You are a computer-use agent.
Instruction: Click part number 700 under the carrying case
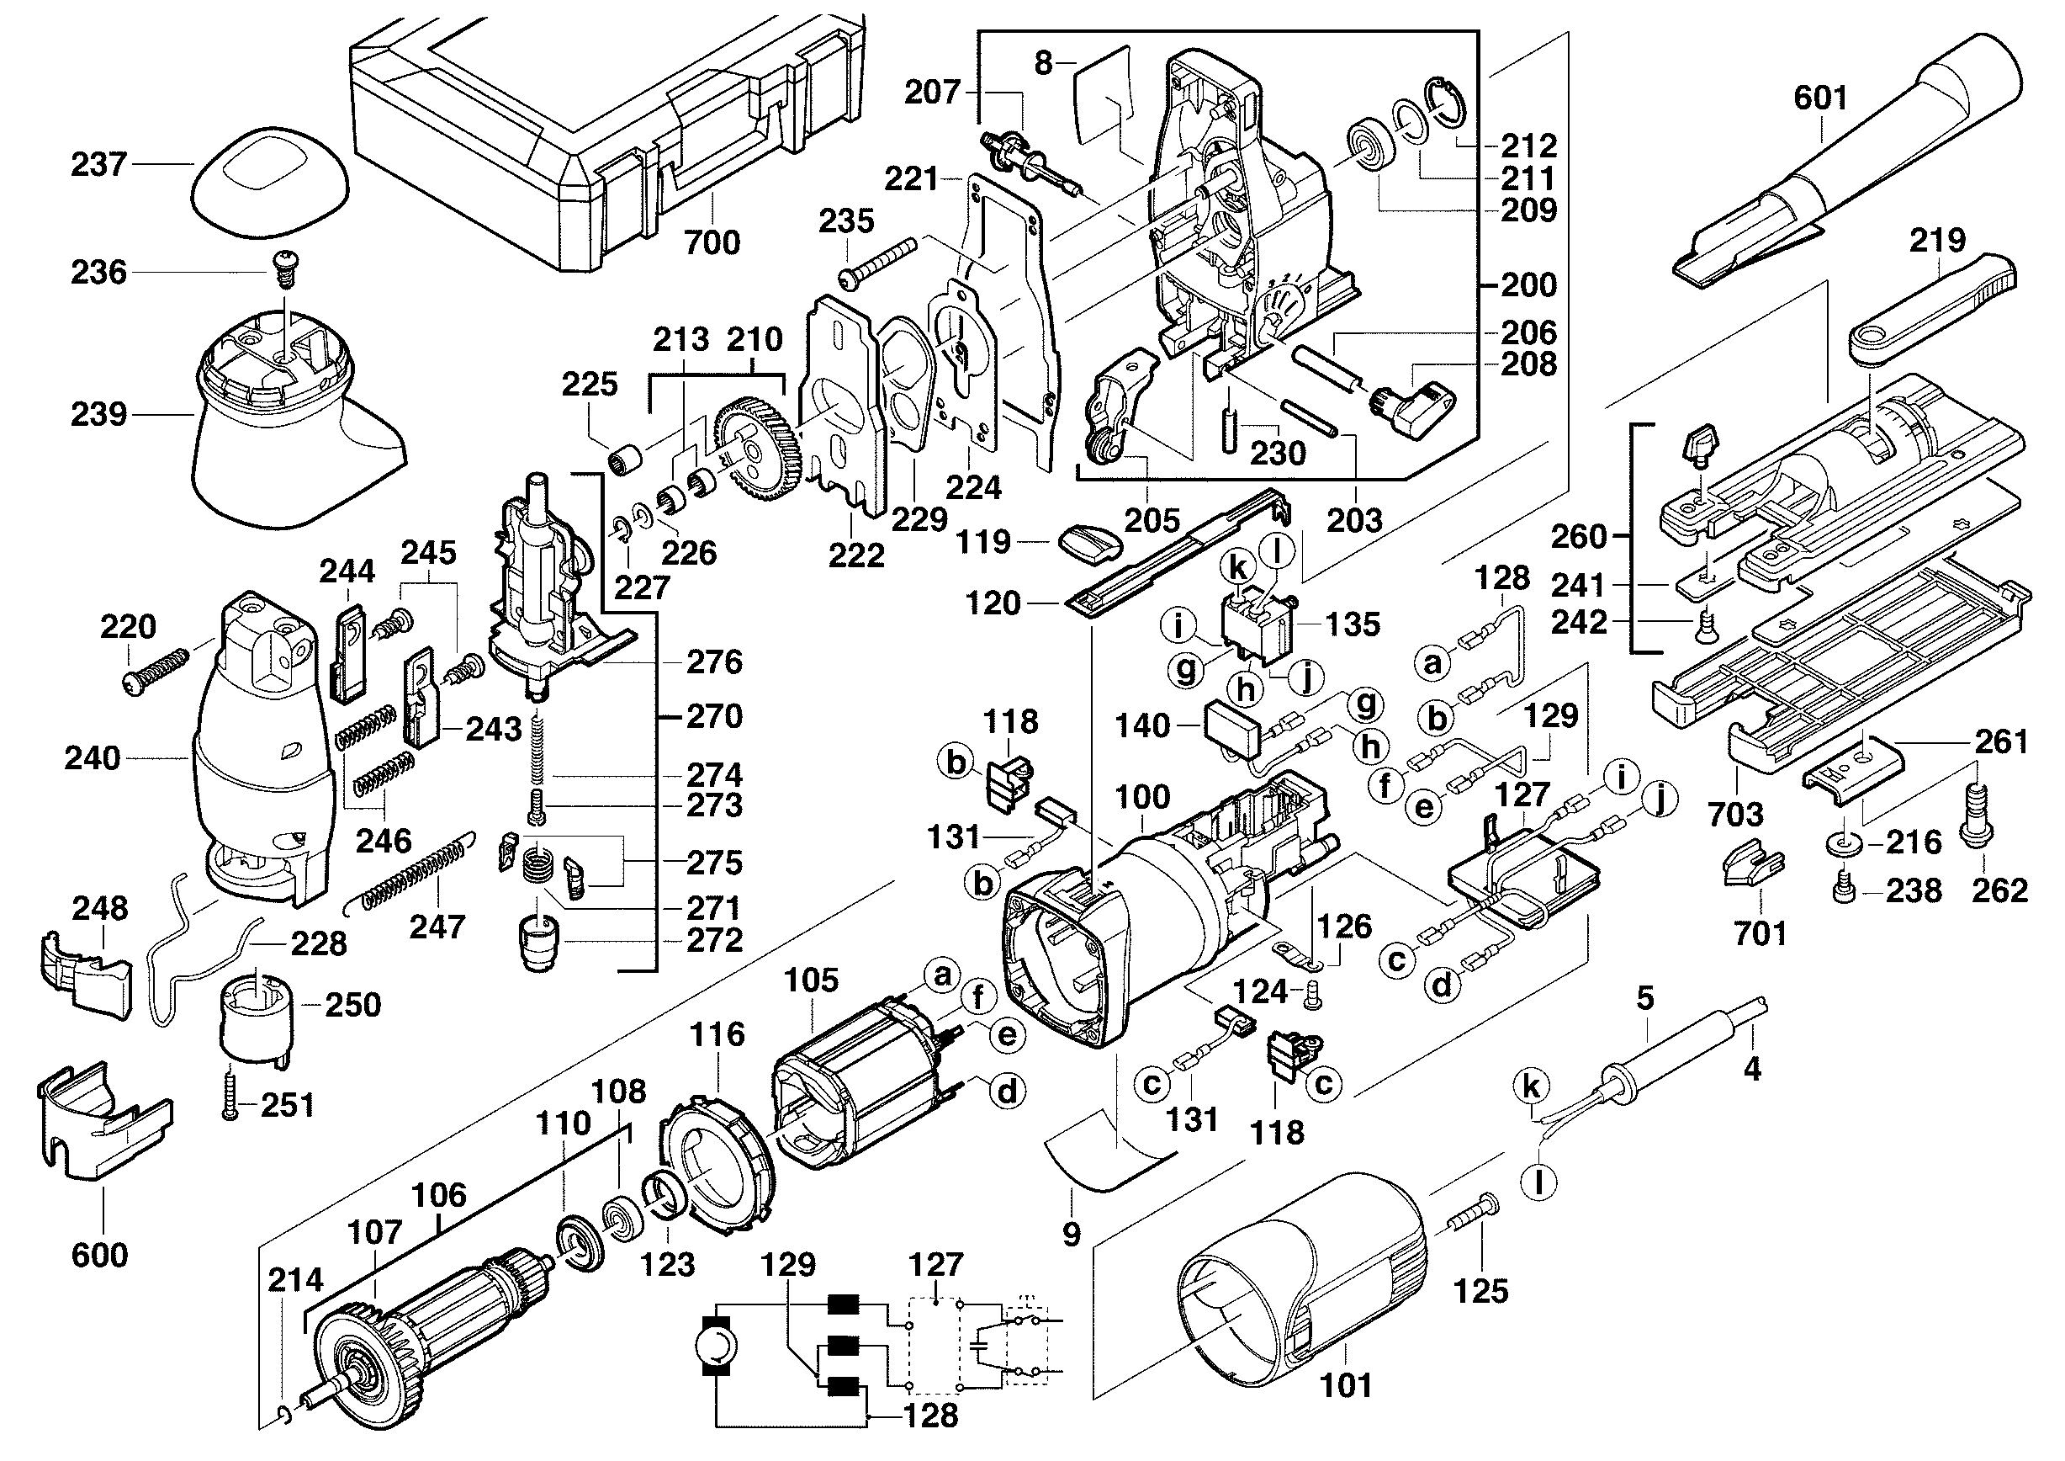pyautogui.click(x=712, y=242)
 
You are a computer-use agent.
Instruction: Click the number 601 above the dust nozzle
pyautogui.click(x=1819, y=97)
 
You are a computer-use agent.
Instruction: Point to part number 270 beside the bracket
pyautogui.click(x=714, y=716)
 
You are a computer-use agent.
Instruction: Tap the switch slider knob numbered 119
pyautogui.click(x=1090, y=544)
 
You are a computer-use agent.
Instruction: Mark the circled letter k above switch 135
pyautogui.click(x=1238, y=568)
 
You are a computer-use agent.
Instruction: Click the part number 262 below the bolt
pyautogui.click(x=1999, y=890)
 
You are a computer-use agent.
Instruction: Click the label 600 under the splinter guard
pyautogui.click(x=99, y=1254)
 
